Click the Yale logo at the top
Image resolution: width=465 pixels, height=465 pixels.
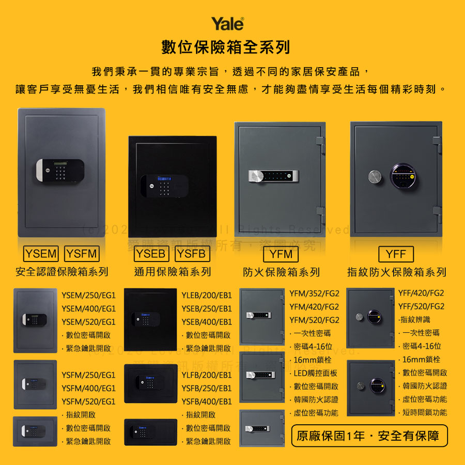pos(227,24)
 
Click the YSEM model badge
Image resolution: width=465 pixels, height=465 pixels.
pos(41,254)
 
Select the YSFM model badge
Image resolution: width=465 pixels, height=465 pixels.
pos(82,254)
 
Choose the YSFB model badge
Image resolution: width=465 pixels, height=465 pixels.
pos(193,254)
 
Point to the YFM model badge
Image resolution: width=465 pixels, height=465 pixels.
pos(282,254)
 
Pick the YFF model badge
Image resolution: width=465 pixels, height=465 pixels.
pos(396,254)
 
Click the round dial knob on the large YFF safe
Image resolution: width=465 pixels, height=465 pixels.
pos(375,176)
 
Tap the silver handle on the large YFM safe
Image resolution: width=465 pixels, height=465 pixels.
pos(258,176)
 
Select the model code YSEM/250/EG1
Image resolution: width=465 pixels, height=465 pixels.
pos(88,296)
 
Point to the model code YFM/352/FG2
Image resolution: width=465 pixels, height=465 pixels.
pos(314,293)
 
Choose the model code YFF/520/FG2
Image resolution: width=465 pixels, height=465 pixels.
pos(421,306)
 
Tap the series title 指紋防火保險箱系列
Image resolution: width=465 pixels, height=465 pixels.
pos(396,272)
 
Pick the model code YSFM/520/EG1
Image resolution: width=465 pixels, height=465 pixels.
pos(88,401)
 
